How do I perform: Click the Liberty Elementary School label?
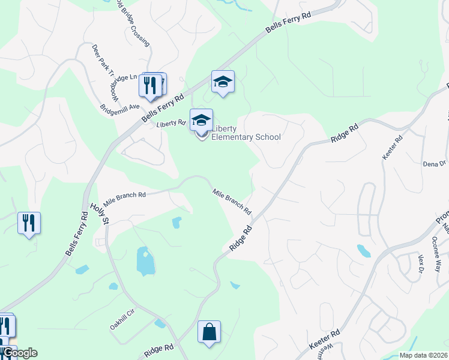246,133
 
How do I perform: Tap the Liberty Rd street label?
171,123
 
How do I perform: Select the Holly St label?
98,214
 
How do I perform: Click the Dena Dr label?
435,163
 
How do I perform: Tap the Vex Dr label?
420,263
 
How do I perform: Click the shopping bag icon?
209,332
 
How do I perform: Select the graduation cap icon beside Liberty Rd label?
201,120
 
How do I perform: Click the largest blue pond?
145,260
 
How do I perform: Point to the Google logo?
19,353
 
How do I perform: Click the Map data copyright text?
423,355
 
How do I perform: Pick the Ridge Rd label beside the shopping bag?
159,349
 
